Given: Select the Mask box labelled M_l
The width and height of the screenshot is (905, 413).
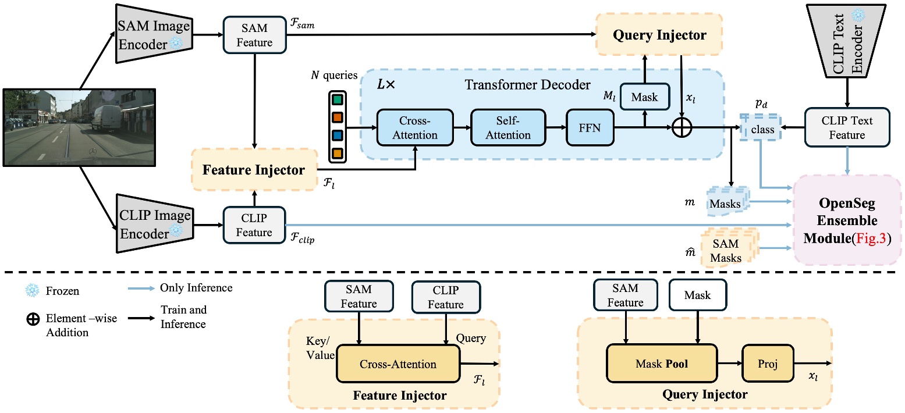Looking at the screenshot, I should pos(644,96).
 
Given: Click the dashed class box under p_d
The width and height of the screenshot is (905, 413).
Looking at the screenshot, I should pos(762,129).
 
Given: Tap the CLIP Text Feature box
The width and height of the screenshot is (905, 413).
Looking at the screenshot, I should pos(847,128).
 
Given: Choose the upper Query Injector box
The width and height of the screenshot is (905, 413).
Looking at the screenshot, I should pos(659,35).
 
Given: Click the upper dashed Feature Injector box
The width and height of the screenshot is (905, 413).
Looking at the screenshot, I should pos(253,170).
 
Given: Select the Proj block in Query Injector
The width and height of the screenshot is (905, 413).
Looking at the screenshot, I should pos(766,365).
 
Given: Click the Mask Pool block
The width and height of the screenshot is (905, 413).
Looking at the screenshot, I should pos(662,365).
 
